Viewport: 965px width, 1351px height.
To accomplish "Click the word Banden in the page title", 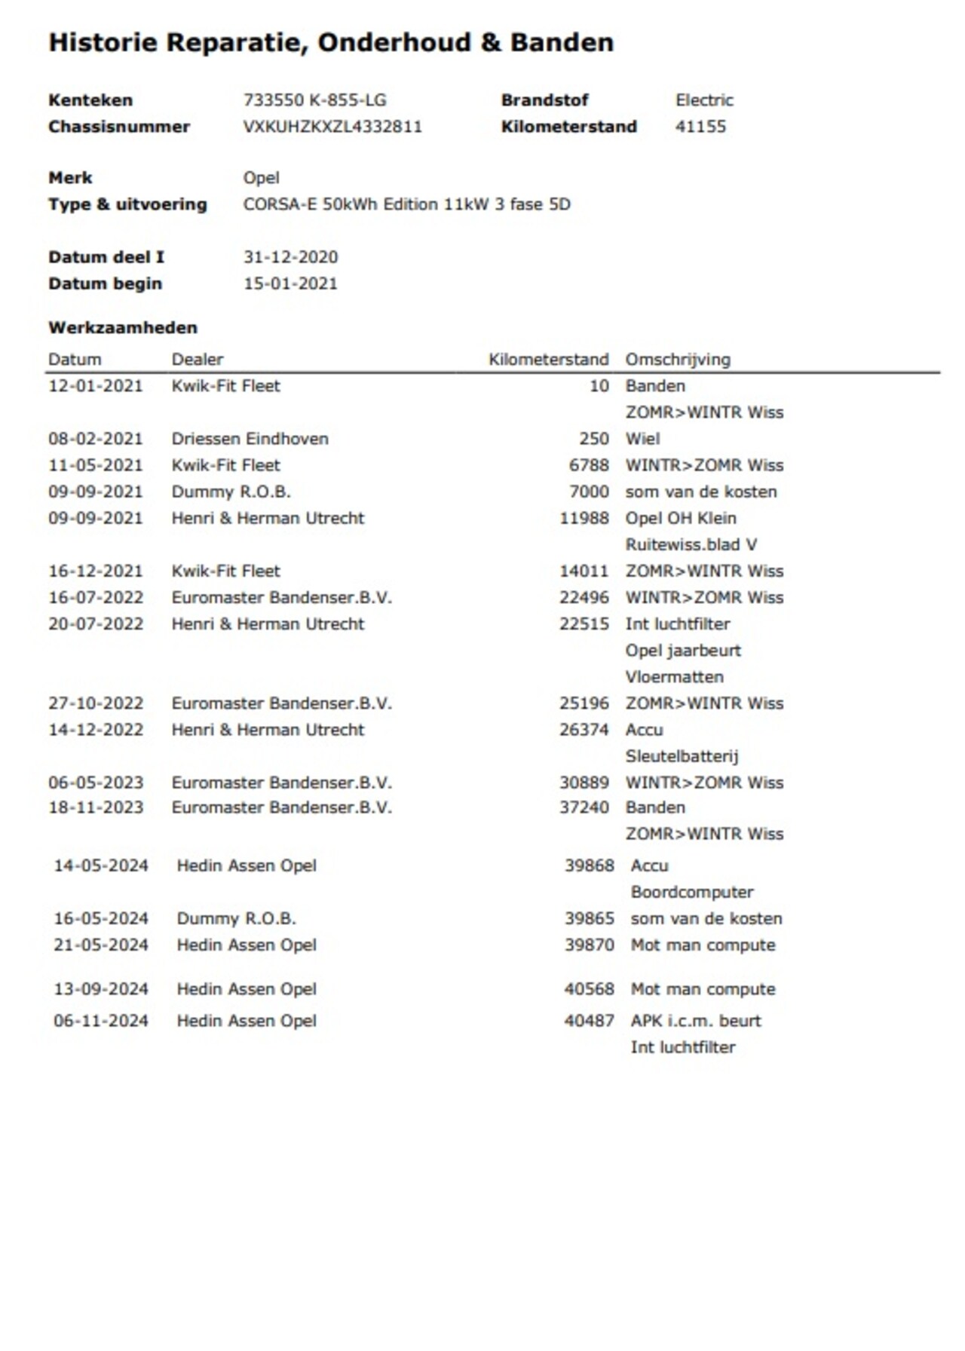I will (x=562, y=42).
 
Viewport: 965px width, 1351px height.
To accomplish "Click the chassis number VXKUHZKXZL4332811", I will (x=332, y=127).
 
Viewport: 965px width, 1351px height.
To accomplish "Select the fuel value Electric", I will (x=704, y=100).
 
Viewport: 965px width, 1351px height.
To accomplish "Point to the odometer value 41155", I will (x=700, y=127).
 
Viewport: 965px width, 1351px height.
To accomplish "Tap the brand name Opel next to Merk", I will (x=261, y=178).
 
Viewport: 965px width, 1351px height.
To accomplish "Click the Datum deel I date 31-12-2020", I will (x=290, y=257).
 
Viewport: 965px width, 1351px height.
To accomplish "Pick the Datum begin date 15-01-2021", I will (x=290, y=283).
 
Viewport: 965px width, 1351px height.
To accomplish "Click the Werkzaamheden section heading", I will (x=123, y=328).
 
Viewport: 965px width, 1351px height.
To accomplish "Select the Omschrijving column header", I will (x=678, y=360).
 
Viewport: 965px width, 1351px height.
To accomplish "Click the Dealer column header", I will (x=198, y=360).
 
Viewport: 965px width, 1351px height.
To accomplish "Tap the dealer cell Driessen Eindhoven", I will (x=250, y=439).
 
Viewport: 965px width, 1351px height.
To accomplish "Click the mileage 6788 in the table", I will (x=589, y=465).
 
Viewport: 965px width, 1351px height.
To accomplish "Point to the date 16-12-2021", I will (x=96, y=571).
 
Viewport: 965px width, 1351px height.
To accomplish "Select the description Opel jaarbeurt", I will (x=683, y=650).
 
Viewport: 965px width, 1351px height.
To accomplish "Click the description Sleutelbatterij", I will (x=682, y=756).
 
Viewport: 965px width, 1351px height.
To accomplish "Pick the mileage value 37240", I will (x=584, y=807).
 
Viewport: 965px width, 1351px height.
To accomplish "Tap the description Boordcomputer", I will (x=692, y=892).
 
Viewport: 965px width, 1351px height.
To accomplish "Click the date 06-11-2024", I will (x=101, y=1021).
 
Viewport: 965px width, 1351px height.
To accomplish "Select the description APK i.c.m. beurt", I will (x=696, y=1021).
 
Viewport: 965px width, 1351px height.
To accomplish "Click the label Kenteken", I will (x=90, y=100).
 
